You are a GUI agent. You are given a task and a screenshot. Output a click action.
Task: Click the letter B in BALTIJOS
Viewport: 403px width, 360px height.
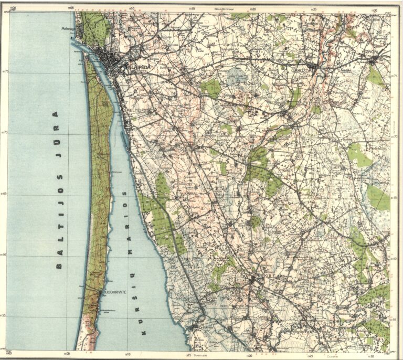click(x=59, y=266)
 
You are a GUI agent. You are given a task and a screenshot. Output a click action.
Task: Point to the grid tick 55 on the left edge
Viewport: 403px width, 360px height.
click(x=5, y=315)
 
